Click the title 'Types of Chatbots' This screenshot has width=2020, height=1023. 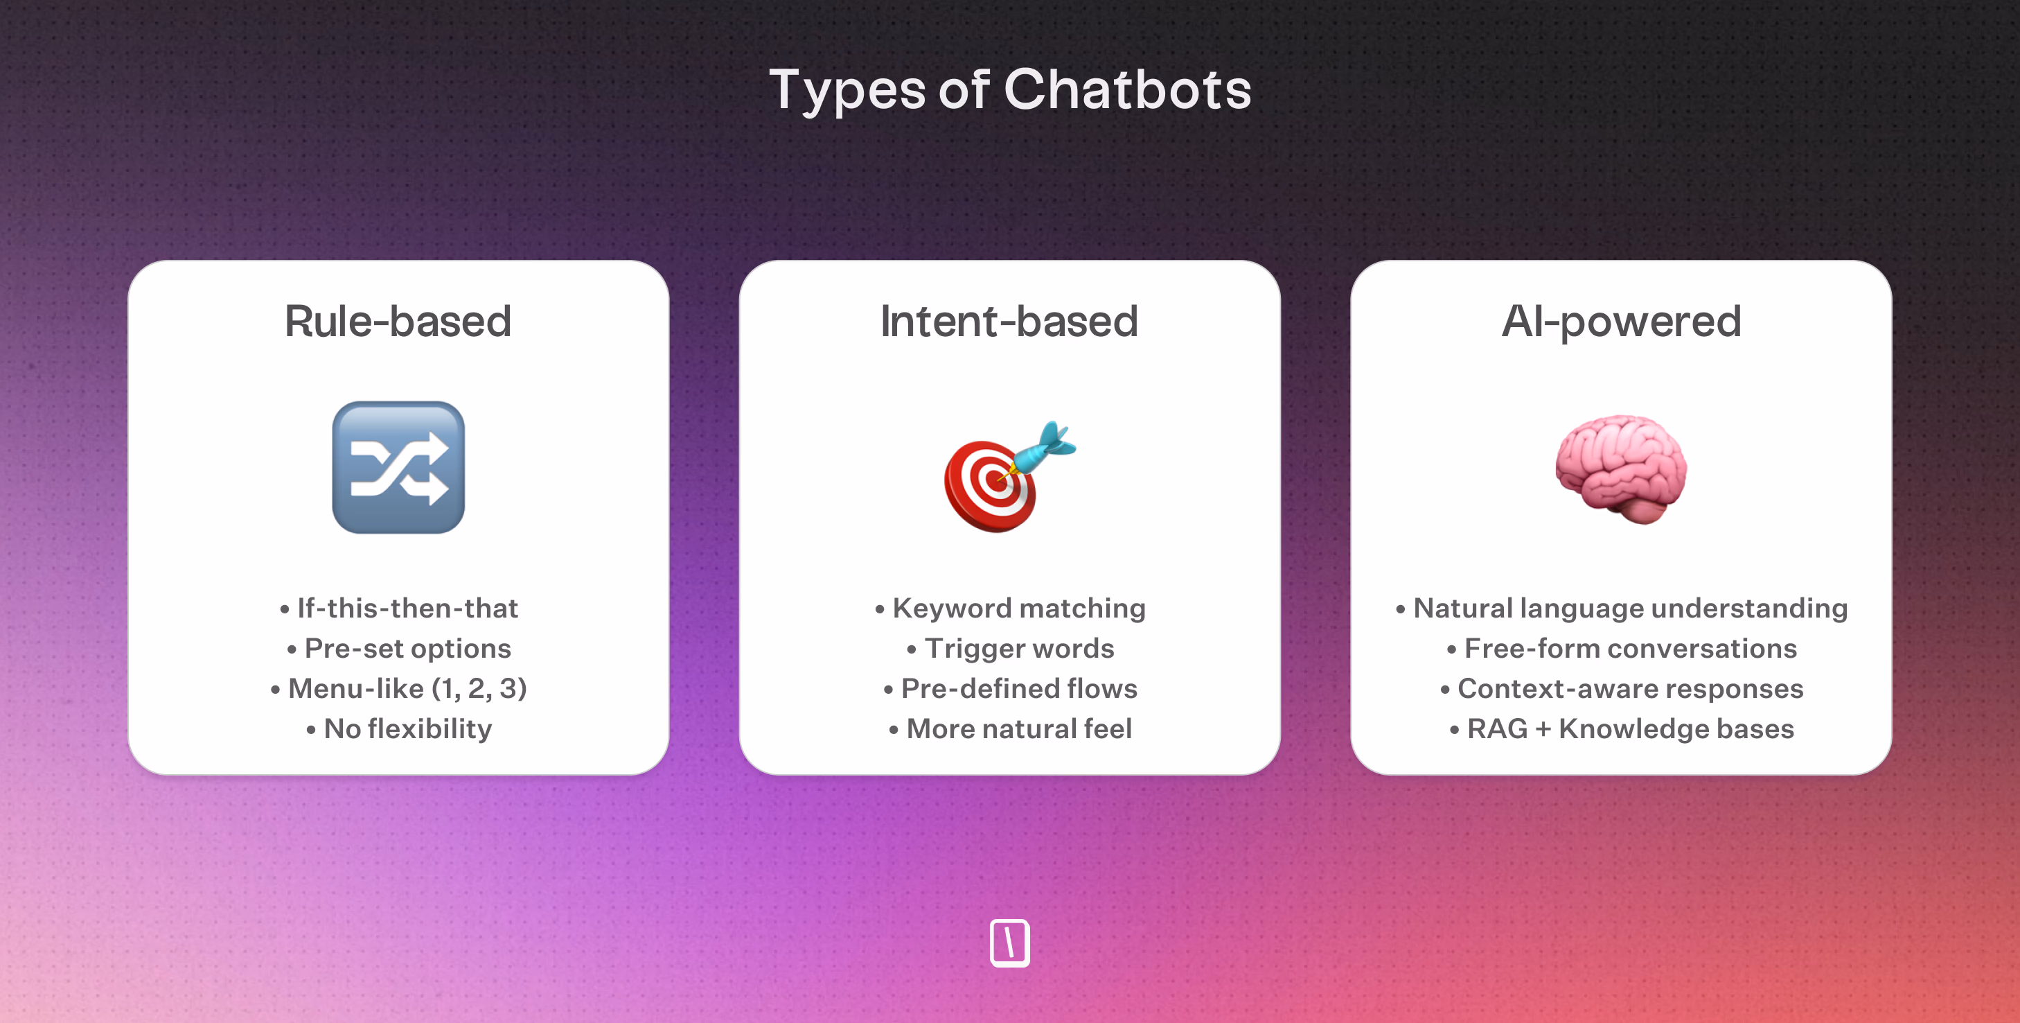[x=1010, y=90]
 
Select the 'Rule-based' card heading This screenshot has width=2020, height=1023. [x=398, y=321]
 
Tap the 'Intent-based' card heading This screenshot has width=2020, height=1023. [x=1009, y=321]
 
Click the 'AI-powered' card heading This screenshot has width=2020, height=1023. [x=1622, y=322]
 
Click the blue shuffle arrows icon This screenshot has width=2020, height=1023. [x=398, y=468]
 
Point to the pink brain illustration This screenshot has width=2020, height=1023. [x=1622, y=469]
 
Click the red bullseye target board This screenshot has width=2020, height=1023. [x=990, y=487]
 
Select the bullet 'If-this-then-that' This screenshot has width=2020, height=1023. [x=398, y=608]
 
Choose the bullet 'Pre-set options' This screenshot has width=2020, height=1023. [x=398, y=649]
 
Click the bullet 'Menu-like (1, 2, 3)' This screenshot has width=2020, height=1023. [x=398, y=689]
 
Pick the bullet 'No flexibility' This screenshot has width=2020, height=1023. [x=398, y=729]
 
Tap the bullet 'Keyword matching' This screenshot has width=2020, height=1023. [x=1010, y=608]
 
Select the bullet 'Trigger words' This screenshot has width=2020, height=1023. [x=1010, y=649]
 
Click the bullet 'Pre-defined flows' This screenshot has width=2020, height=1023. [x=1010, y=689]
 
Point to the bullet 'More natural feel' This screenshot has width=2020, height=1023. [x=1010, y=729]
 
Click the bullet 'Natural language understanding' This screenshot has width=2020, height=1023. [x=1622, y=608]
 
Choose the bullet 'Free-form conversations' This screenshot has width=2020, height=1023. [x=1622, y=649]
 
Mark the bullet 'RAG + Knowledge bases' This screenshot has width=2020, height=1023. [x=1622, y=729]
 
